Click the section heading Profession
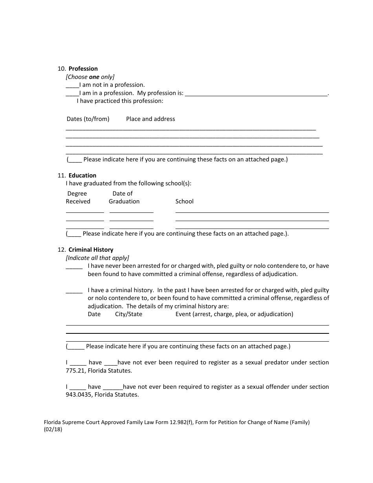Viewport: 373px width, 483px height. (83, 69)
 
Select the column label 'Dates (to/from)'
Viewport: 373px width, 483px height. (88, 119)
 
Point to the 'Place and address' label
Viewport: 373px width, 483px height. (150, 119)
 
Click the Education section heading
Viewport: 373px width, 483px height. (82, 176)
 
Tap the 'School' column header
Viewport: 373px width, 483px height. (185, 201)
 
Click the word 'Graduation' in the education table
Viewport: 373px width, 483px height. (124, 201)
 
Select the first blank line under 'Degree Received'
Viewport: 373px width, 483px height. (85, 212)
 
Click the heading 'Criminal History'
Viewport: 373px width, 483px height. (91, 250)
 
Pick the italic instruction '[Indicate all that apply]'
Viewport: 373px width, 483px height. (97, 258)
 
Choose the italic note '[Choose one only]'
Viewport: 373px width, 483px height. (90, 77)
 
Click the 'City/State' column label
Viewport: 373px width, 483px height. (128, 314)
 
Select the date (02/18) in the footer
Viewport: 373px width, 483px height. (53, 430)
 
